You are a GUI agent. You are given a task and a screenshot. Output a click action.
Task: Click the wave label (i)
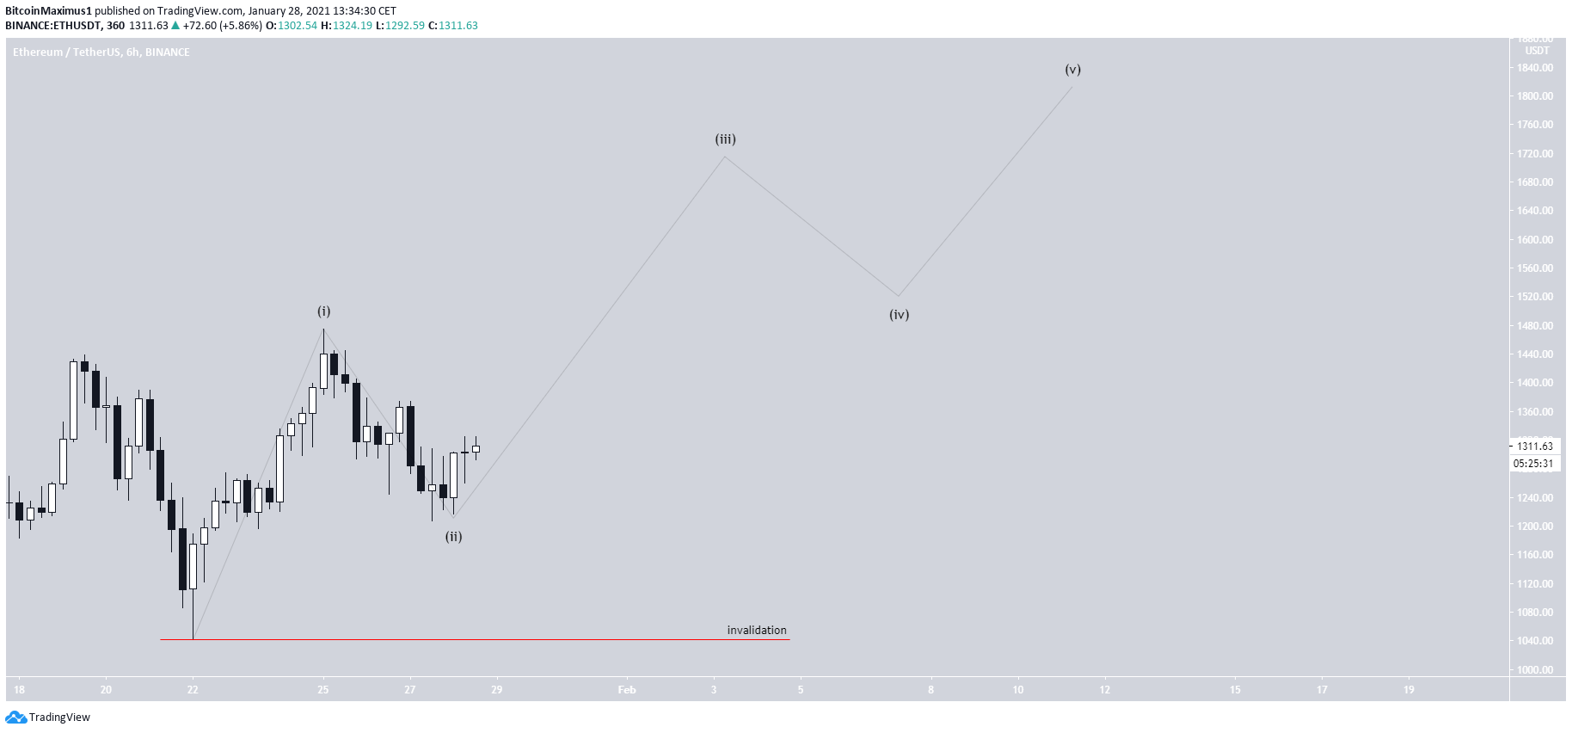click(x=323, y=311)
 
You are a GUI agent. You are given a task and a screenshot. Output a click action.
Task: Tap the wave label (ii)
click(x=453, y=537)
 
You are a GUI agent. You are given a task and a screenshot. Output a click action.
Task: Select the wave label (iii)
click(x=725, y=139)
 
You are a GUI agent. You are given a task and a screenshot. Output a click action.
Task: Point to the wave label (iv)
click(x=899, y=315)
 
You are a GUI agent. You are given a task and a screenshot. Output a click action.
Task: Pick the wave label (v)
click(x=1072, y=70)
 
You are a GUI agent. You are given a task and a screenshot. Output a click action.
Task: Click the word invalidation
click(x=757, y=631)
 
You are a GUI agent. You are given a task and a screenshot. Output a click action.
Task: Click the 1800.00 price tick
click(x=1535, y=96)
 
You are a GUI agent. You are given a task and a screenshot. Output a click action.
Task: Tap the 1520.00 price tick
click(x=1535, y=297)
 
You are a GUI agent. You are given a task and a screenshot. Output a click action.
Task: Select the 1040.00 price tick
click(x=1535, y=641)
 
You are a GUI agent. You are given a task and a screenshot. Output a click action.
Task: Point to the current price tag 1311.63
click(x=1534, y=447)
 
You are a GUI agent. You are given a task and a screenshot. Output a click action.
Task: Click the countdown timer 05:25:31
click(x=1534, y=464)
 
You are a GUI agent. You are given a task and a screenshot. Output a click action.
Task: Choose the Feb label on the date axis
click(x=627, y=690)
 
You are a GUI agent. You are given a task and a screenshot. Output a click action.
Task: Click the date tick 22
click(x=193, y=690)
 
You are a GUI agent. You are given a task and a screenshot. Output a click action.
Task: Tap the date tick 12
click(x=1105, y=690)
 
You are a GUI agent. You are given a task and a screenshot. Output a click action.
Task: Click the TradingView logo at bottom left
click(x=48, y=718)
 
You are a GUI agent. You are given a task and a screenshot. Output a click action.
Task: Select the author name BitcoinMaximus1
click(x=48, y=11)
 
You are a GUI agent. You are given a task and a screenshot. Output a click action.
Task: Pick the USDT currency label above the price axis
click(x=1537, y=51)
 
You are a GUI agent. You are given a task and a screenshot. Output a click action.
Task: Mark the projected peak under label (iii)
click(x=725, y=157)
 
